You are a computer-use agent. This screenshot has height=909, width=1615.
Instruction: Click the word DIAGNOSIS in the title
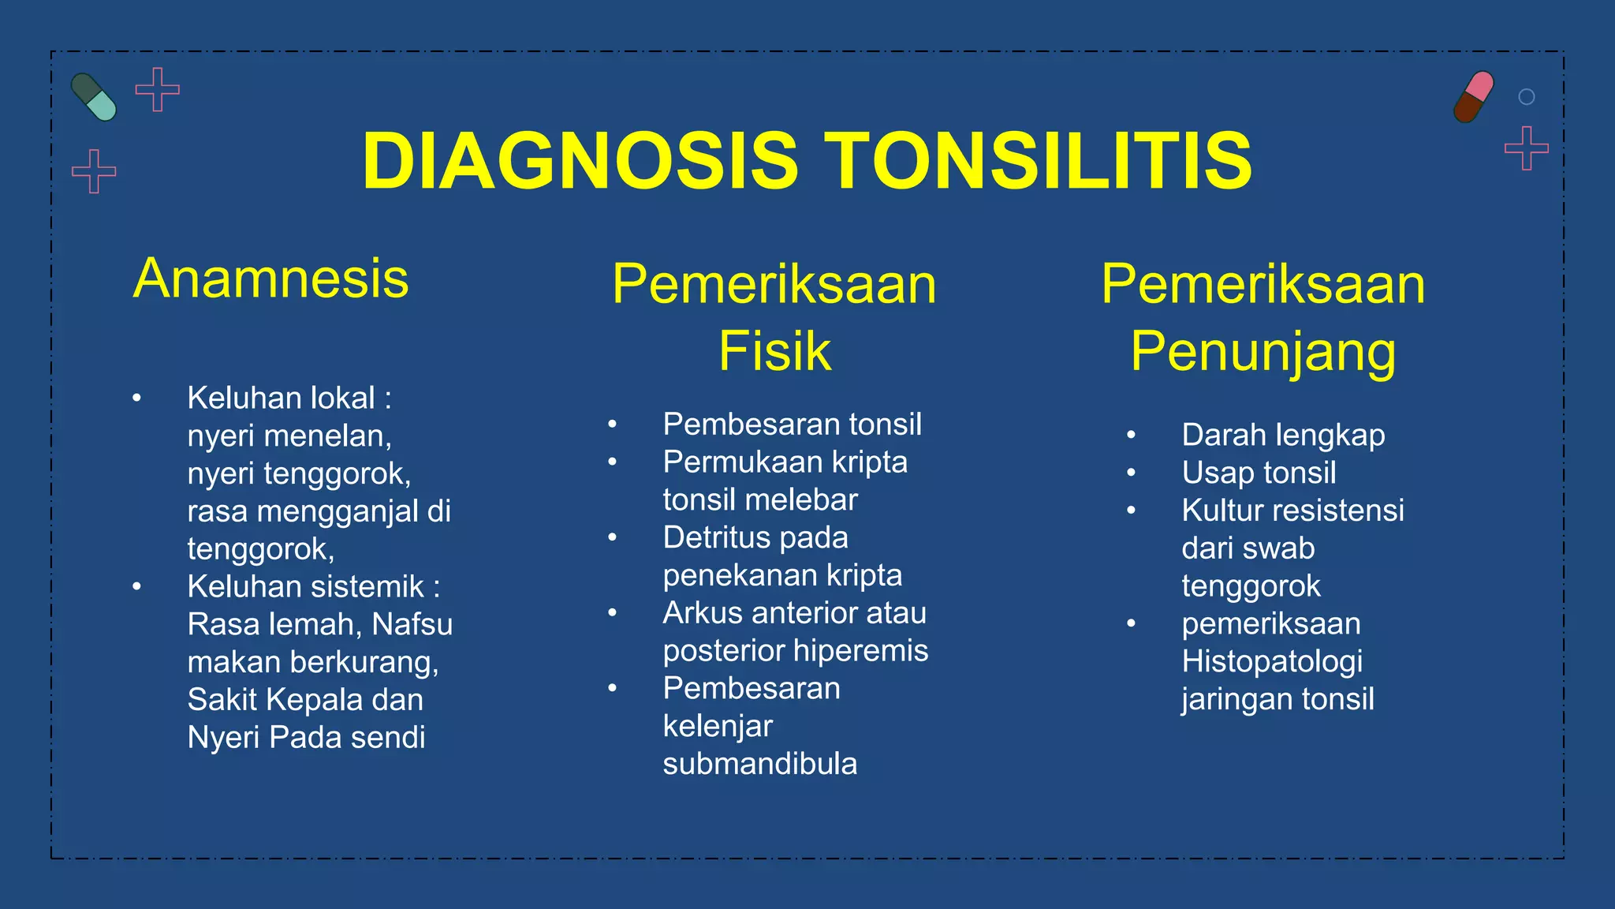pos(580,161)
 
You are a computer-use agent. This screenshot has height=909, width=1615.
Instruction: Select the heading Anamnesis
pos(270,279)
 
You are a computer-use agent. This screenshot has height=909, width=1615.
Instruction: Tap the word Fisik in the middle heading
pos(774,351)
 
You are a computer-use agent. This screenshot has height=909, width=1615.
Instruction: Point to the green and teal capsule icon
pos(94,97)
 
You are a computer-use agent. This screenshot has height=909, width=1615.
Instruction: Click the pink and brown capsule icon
pos(1474,96)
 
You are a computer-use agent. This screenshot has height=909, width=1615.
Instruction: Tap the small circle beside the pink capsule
pos(1527,97)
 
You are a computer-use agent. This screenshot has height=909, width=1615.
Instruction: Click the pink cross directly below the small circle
pos(1527,148)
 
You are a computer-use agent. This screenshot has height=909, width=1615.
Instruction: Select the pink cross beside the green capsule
pos(158,89)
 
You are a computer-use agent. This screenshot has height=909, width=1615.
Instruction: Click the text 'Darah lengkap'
pos(1283,436)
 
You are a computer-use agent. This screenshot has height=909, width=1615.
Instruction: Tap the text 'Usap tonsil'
pos(1259,473)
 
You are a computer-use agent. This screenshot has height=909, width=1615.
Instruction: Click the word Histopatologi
pos(1272,661)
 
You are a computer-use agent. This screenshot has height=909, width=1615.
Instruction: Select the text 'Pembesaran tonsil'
pos(792,425)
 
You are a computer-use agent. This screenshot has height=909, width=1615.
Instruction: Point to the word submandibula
pos(759,764)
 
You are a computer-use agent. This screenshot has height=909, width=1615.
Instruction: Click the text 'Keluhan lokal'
pos(281,398)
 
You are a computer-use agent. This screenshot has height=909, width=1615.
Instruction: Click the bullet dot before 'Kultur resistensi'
pos(1131,511)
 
